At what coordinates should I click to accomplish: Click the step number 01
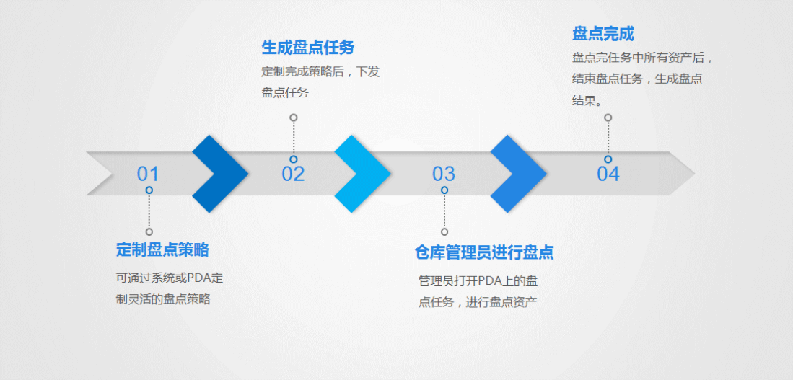pyautogui.click(x=148, y=174)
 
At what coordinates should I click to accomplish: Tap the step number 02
pyautogui.click(x=293, y=174)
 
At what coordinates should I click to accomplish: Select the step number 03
pyautogui.click(x=444, y=174)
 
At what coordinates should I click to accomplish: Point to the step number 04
pyautogui.click(x=608, y=174)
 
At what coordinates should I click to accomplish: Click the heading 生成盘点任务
pyautogui.click(x=308, y=48)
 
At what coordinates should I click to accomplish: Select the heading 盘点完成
pyautogui.click(x=603, y=34)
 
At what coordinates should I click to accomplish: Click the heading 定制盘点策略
pyautogui.click(x=162, y=250)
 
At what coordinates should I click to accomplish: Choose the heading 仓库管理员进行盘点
pyautogui.click(x=484, y=252)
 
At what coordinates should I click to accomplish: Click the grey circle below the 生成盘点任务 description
pyautogui.click(x=294, y=118)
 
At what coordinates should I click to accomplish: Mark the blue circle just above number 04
pyautogui.click(x=608, y=159)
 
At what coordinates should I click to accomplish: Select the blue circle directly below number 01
pyautogui.click(x=149, y=190)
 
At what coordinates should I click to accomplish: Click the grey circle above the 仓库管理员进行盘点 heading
pyautogui.click(x=444, y=231)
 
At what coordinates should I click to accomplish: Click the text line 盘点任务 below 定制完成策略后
pyautogui.click(x=284, y=93)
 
